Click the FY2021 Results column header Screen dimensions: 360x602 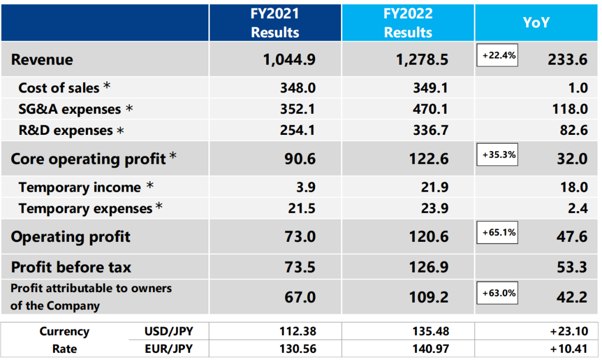pos(275,22)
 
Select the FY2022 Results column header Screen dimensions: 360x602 pos(408,22)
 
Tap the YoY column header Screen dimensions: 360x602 pos(536,22)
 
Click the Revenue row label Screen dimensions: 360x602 pos(42,60)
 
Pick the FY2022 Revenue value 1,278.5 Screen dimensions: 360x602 pos(423,60)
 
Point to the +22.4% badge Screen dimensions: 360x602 pos(497,55)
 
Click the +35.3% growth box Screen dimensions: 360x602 pos(497,154)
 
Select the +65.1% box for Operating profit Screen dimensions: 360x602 pos(497,232)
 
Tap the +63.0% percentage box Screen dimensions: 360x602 pos(497,293)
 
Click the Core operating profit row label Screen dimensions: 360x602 pos(88,159)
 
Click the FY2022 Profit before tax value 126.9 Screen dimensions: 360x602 pos(429,267)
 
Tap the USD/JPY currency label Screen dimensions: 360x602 pos(169,332)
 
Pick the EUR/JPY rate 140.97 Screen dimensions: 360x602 pos(429,349)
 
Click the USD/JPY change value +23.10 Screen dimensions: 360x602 pos(569,332)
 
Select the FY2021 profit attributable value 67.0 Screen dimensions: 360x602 pos(300,297)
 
